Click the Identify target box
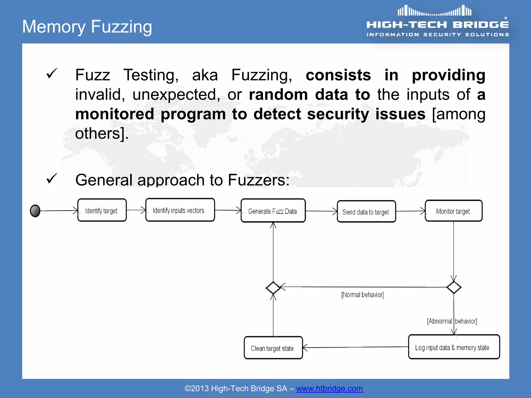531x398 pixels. pyautogui.click(x=102, y=210)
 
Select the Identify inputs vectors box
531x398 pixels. pyautogui.click(x=180, y=210)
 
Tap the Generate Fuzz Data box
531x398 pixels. pyautogui.click(x=273, y=211)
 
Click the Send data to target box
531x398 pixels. pyautogui.click(x=366, y=211)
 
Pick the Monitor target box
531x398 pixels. pyautogui.click(x=453, y=211)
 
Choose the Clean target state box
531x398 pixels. pyautogui.click(x=273, y=348)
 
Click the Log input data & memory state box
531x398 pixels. pyautogui.click(x=454, y=347)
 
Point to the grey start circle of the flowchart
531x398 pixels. pyautogui.click(x=35, y=211)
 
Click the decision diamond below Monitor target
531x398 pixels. pyautogui.click(x=454, y=287)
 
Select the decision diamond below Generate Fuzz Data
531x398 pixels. pyautogui.click(x=273, y=288)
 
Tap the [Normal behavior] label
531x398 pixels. pyautogui.click(x=362, y=295)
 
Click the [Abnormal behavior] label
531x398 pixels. pyautogui.click(x=452, y=321)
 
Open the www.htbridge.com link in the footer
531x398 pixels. pyautogui.click(x=329, y=388)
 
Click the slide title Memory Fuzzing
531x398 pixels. pyautogui.click(x=87, y=27)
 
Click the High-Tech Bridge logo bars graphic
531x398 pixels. pyautogui.click(x=435, y=11)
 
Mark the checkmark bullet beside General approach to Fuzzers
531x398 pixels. pyautogui.click(x=52, y=179)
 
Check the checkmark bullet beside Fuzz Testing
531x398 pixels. pyautogui.click(x=52, y=74)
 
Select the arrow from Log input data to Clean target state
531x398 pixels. pyautogui.click(x=355, y=347)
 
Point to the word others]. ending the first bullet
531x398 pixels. pyautogui.click(x=102, y=134)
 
